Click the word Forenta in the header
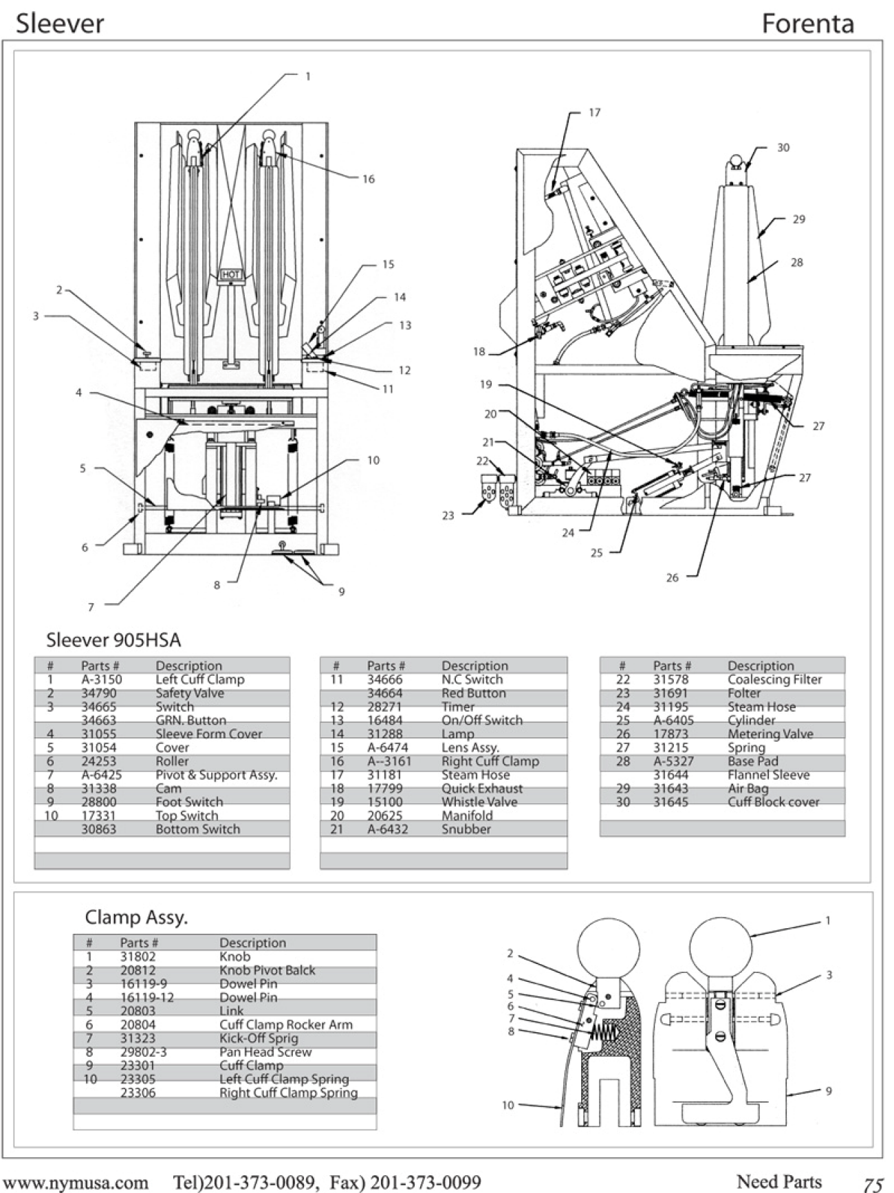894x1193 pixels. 807,24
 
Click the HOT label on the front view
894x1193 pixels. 231,274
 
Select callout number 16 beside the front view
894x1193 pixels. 369,179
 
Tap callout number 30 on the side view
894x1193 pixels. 783,148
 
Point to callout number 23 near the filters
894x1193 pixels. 448,515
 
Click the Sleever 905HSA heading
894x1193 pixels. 113,640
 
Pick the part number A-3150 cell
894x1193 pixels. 101,679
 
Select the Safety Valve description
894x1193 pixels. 189,693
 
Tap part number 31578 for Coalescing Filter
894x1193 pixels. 670,679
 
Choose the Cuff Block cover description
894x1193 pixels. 773,802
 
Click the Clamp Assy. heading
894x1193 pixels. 136,917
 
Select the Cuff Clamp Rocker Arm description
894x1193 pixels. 285,1025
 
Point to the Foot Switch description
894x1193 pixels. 189,802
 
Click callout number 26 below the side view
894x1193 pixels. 672,578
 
